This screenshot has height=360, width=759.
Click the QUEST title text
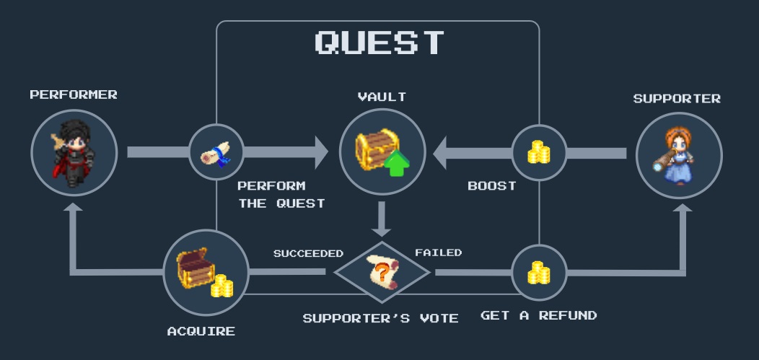click(379, 43)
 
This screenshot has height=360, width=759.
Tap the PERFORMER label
click(74, 95)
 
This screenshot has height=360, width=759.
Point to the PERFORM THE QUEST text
click(281, 195)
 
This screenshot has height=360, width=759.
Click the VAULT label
click(382, 96)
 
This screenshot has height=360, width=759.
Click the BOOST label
click(492, 185)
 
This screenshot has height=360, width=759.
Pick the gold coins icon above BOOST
click(538, 152)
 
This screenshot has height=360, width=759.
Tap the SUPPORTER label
click(677, 99)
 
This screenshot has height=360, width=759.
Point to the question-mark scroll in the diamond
click(382, 272)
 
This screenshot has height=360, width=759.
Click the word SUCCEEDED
click(308, 253)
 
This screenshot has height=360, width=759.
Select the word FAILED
click(438, 253)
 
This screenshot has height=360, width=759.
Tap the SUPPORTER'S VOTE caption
click(380, 318)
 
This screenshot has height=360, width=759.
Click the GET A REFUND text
click(538, 315)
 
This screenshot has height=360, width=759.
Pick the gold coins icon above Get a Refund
click(538, 273)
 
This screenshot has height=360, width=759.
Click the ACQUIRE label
click(201, 331)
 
